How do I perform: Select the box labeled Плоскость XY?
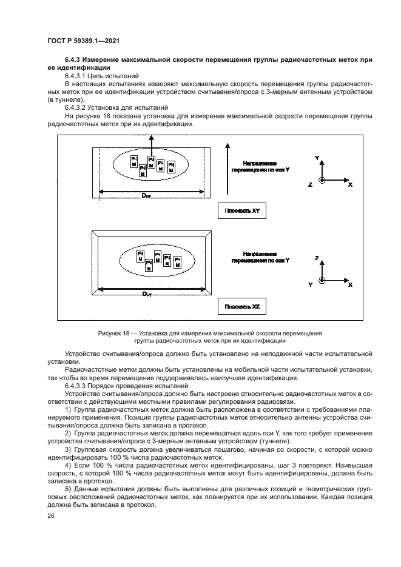click(x=242, y=211)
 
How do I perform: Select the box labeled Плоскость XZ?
click(x=242, y=307)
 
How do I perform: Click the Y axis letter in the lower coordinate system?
click(x=311, y=284)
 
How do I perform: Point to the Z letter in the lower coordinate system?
click(x=317, y=258)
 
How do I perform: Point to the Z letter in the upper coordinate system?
click(x=310, y=184)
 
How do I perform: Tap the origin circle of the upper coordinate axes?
click(x=322, y=180)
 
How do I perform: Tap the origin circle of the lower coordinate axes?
click(x=322, y=280)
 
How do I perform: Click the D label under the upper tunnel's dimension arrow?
click(x=146, y=195)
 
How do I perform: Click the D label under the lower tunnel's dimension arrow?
click(x=146, y=294)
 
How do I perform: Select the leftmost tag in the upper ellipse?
click(x=133, y=161)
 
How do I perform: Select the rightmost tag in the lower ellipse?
click(x=178, y=262)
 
